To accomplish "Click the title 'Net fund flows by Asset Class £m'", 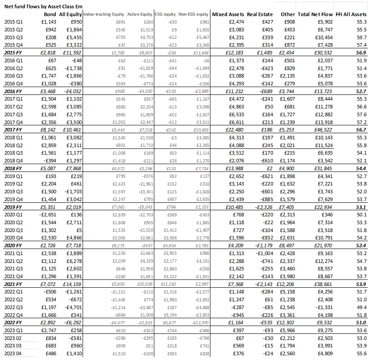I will [43, 6].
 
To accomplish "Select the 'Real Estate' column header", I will [260, 14].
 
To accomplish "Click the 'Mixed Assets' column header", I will [228, 14].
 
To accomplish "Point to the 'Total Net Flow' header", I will [316, 14].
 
